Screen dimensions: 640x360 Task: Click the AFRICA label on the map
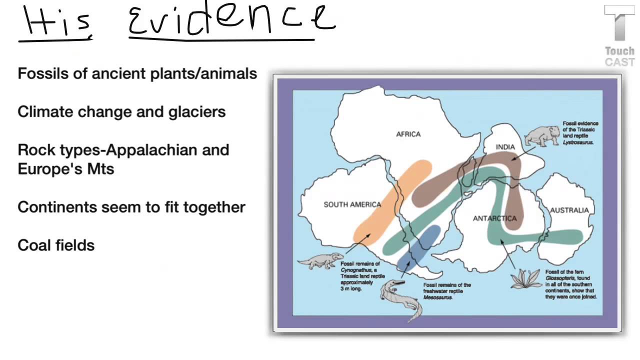408,134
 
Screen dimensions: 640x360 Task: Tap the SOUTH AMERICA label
352,204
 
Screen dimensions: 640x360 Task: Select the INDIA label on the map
505,147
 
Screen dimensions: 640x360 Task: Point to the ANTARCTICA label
494,218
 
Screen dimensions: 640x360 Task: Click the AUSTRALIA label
569,210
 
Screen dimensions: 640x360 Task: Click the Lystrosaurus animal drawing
542,135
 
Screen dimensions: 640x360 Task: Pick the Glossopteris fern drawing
525,279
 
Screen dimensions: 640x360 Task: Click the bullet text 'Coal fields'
56,245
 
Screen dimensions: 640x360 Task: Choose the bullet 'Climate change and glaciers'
121,112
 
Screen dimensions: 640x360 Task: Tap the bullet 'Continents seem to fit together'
131,207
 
